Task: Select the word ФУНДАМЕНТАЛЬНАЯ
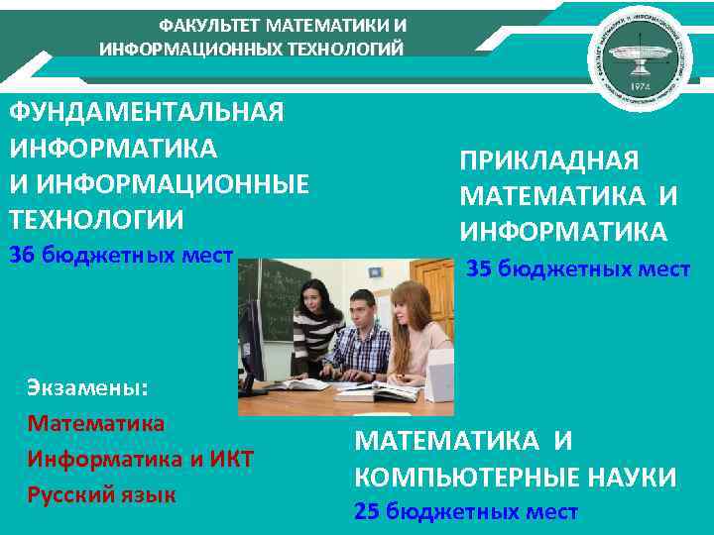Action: pos(147,112)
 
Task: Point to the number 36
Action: pos(22,256)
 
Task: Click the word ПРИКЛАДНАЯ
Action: pos(549,161)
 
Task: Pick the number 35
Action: pos(479,268)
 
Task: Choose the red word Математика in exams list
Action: pos(96,423)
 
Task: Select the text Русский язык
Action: pos(102,493)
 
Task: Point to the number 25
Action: pos(367,512)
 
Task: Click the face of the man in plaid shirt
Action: pos(361,310)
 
